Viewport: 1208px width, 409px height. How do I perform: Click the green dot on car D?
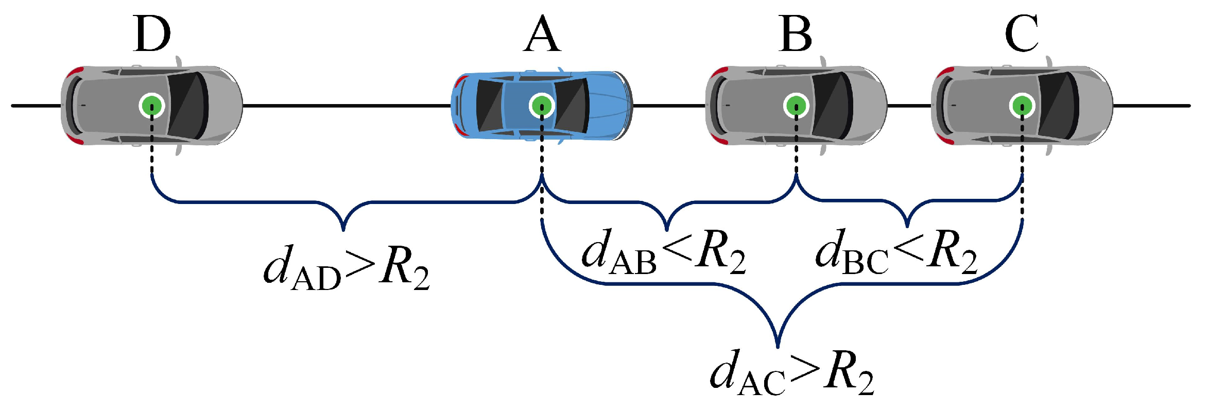151,106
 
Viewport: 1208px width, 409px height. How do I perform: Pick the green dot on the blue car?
541,106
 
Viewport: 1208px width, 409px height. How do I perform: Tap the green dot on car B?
796,106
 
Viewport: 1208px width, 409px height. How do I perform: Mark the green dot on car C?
1022,106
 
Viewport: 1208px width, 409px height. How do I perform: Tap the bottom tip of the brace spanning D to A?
343,229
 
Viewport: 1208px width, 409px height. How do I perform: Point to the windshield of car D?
188,106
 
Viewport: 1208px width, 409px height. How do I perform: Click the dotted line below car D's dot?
152,147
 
